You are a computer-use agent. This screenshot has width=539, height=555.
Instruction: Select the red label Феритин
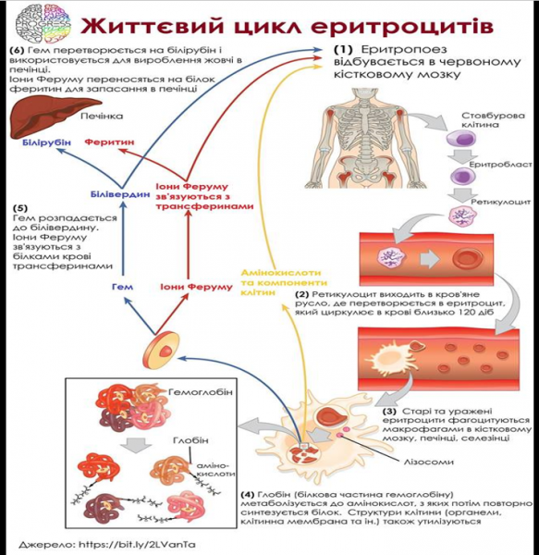coord(110,145)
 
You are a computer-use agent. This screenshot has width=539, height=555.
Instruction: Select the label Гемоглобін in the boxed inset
coord(199,394)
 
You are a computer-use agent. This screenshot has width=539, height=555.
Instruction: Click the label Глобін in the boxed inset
coord(190,440)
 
